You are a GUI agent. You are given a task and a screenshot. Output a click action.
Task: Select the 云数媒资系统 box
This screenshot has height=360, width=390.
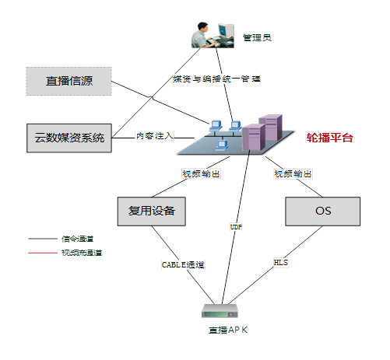click(x=69, y=138)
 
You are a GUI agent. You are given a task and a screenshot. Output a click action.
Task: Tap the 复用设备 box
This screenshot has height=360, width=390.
click(x=152, y=211)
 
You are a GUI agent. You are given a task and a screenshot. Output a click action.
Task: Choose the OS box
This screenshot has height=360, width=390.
click(x=323, y=211)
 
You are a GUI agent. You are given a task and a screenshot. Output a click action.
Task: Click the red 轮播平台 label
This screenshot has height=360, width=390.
click(x=329, y=138)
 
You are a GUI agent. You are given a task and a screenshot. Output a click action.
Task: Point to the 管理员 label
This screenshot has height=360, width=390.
click(x=257, y=37)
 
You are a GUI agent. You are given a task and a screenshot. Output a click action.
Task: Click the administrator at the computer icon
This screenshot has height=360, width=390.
click(x=213, y=33)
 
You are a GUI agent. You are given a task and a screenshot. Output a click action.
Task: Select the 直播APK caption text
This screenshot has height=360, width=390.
click(x=227, y=330)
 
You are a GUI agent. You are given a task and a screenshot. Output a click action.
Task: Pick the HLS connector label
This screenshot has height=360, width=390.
click(x=281, y=263)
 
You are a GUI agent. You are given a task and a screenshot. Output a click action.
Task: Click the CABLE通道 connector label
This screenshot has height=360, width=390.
click(x=183, y=265)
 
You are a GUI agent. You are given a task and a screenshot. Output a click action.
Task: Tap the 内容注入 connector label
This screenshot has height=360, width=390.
click(x=155, y=135)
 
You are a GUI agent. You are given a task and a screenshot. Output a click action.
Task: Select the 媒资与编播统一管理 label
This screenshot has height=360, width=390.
click(x=216, y=79)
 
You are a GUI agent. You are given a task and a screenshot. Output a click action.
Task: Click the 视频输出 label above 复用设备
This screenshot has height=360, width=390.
click(x=200, y=173)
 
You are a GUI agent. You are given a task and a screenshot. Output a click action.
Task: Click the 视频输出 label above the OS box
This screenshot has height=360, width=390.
click(x=293, y=173)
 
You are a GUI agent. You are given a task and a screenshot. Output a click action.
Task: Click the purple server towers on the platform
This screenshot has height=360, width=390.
click(x=261, y=132)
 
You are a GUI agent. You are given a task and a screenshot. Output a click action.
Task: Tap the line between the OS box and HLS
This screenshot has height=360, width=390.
click(x=305, y=240)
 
